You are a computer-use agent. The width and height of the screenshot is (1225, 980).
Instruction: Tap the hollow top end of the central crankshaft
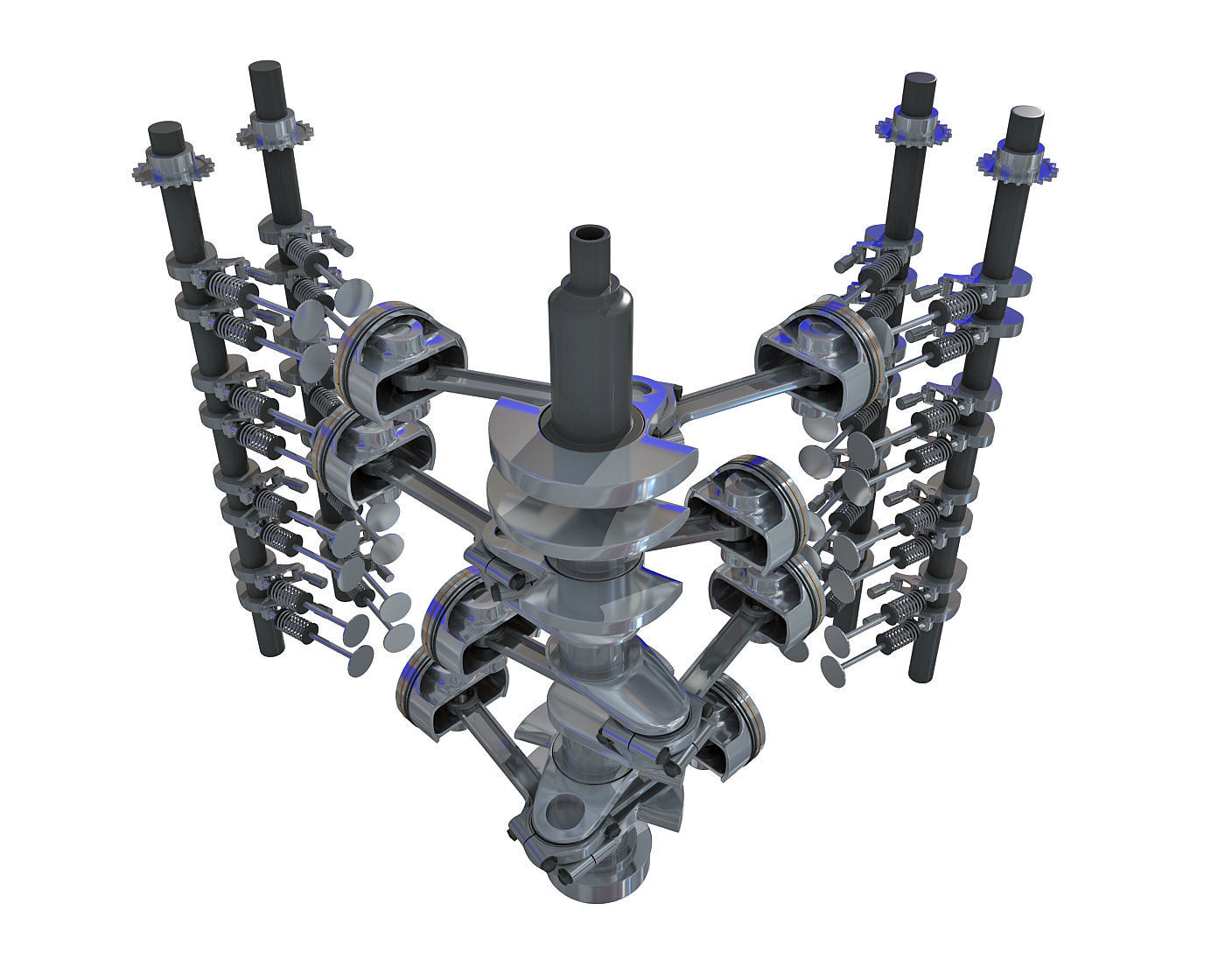click(x=592, y=237)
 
